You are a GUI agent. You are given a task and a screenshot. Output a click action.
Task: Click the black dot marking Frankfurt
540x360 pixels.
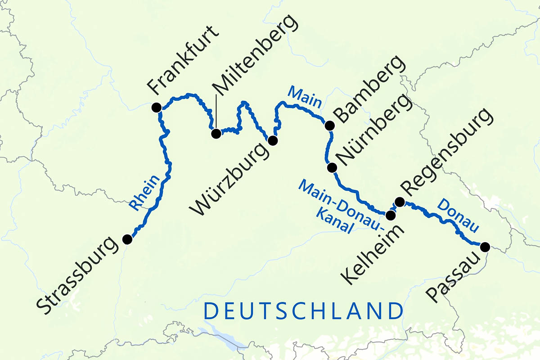point(156,107)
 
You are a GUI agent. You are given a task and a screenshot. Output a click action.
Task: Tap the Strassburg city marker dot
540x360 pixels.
point(127,238)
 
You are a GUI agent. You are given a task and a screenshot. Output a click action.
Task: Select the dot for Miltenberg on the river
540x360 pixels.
point(216,133)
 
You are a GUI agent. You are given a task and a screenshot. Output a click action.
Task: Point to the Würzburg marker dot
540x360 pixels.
point(272,140)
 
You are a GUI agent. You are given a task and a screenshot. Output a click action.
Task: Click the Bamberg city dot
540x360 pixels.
point(330,126)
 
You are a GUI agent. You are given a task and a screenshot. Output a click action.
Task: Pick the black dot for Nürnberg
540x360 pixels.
point(332,168)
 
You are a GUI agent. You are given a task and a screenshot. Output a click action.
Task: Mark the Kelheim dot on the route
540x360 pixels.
point(391,215)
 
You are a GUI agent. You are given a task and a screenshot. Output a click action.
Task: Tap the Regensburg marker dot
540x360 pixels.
point(399,201)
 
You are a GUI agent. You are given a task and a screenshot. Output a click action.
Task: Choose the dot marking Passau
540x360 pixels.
point(485,247)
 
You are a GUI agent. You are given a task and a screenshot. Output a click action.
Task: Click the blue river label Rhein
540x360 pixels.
point(145,193)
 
